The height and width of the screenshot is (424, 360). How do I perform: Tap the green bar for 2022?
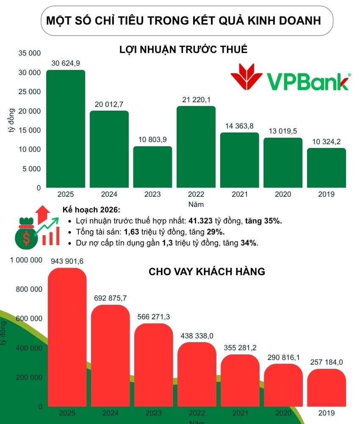tap(196, 147)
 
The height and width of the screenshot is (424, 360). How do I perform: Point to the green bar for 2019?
tap(326, 168)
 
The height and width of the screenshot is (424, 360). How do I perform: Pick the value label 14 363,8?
tap(239, 126)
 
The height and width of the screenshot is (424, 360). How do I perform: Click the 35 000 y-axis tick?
tap(30, 53)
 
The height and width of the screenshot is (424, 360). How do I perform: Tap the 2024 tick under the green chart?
tap(109, 194)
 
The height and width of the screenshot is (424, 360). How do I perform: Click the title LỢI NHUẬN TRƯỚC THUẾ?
tap(183, 50)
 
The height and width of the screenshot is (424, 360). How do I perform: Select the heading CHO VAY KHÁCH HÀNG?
tap(207, 272)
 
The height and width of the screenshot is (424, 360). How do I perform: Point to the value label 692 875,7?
tap(110, 298)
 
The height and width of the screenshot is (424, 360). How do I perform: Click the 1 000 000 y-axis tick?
tap(26, 260)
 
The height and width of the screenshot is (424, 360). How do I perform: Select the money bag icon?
tap(27, 234)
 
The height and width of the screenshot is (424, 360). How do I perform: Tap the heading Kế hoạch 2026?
tap(91, 210)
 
